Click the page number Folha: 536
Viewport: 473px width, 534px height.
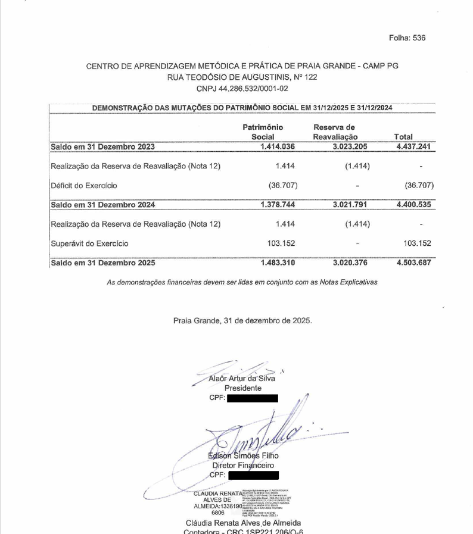click(407, 38)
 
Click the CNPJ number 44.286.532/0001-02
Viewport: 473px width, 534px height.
click(242, 89)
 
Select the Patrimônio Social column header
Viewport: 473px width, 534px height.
click(263, 132)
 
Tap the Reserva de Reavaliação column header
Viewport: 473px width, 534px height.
click(337, 132)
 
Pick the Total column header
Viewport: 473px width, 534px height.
click(404, 137)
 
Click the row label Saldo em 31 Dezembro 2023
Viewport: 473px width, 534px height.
click(103, 147)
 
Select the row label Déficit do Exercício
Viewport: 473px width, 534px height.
click(84, 185)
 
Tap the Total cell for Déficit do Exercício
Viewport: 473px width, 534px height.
click(419, 185)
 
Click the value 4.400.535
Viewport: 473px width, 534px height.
click(413, 205)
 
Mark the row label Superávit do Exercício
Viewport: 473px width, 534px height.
click(89, 243)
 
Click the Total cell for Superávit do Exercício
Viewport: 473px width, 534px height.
click(418, 243)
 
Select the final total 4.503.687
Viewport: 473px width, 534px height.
click(413, 262)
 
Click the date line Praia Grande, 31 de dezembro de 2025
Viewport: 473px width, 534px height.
click(242, 320)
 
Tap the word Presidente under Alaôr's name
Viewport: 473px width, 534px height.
click(242, 388)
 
